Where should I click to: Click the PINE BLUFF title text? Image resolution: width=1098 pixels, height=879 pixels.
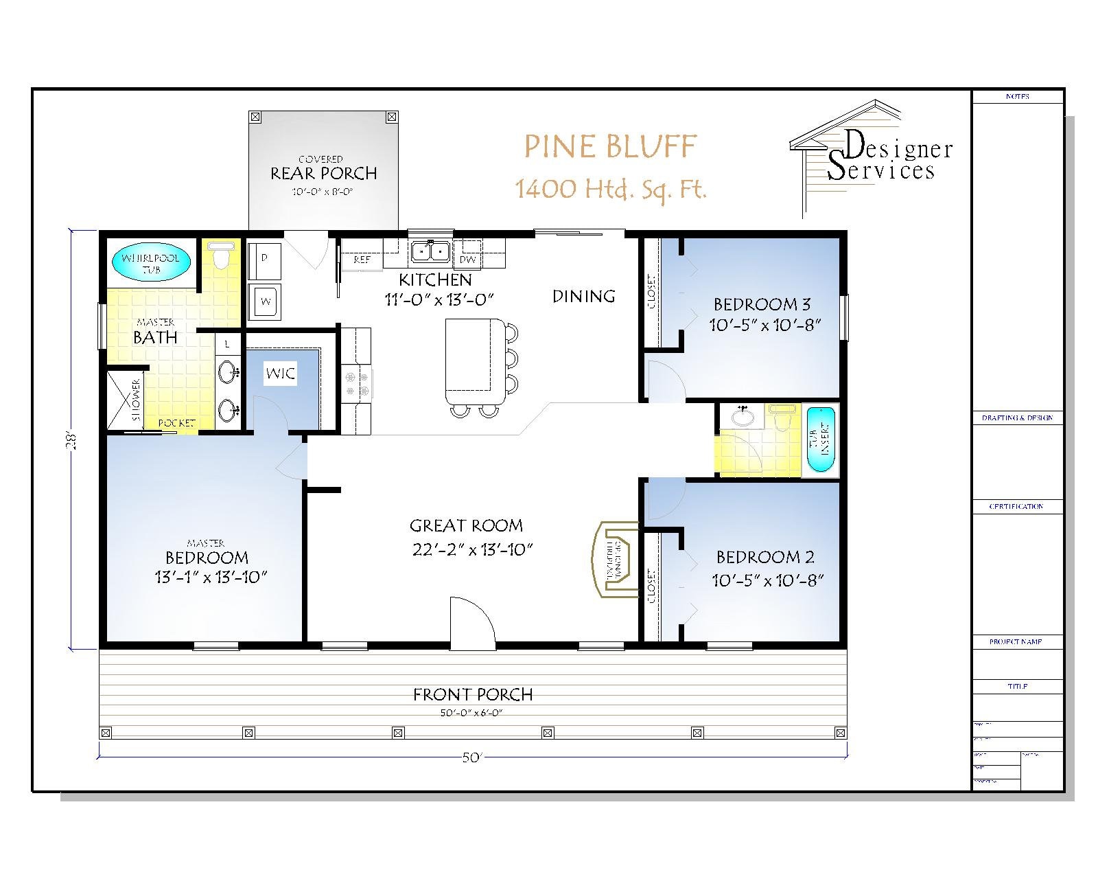click(x=610, y=146)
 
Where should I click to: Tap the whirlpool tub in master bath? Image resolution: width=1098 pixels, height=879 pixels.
click(x=150, y=264)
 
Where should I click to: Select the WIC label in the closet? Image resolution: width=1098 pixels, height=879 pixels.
click(x=280, y=374)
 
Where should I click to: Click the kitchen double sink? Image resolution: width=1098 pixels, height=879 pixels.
click(x=430, y=252)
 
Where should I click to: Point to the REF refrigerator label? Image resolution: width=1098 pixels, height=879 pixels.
click(x=362, y=260)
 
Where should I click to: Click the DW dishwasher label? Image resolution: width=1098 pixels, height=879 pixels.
click(x=467, y=260)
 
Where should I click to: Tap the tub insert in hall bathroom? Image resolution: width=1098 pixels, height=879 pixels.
click(x=820, y=439)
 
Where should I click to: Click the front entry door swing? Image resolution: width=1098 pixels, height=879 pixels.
click(x=472, y=623)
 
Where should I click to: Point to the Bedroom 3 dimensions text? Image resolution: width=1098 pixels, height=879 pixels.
click(x=765, y=325)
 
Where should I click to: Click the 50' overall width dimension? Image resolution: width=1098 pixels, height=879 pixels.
click(x=472, y=757)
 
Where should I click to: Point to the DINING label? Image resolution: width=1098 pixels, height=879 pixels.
click(x=583, y=296)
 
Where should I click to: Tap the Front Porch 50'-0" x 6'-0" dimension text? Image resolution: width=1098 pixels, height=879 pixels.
click(x=472, y=713)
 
